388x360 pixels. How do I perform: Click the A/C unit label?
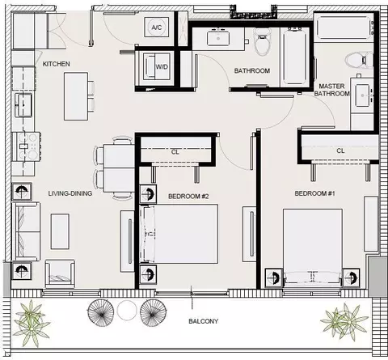pyautogui.click(x=157, y=28)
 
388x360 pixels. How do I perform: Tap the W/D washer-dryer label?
pyautogui.click(x=162, y=66)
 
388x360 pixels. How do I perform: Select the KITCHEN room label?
pyautogui.click(x=57, y=64)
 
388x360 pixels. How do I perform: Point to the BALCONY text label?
pyautogui.click(x=204, y=321)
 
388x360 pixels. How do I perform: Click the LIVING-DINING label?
pyautogui.click(x=70, y=193)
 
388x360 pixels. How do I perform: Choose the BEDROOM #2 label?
pyautogui.click(x=188, y=197)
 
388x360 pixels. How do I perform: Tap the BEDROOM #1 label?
pyautogui.click(x=314, y=193)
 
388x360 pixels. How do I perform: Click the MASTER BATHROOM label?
pyautogui.click(x=332, y=90)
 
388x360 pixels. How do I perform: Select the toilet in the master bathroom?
pyautogui.click(x=359, y=60)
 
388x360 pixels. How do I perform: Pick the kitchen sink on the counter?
pyautogui.click(x=23, y=105)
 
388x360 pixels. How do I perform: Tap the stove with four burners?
pyautogui.click(x=27, y=146)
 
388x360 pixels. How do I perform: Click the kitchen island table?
pyautogui.click(x=76, y=96)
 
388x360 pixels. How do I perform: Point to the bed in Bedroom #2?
pyautogui.click(x=179, y=234)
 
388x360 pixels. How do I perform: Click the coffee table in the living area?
pyautogui.click(x=60, y=231)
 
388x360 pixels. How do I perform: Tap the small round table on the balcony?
pyautogui.click(x=127, y=311)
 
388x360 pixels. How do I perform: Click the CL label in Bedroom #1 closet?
pyautogui.click(x=340, y=150)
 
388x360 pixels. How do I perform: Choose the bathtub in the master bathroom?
pyautogui.click(x=344, y=28)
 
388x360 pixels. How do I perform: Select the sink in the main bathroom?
pyautogui.click(x=218, y=38)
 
